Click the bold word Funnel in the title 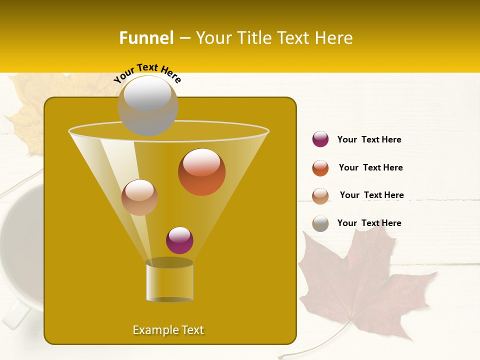(x=146, y=38)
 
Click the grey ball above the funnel (x=147, y=105)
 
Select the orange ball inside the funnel (x=201, y=172)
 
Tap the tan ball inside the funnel (x=139, y=197)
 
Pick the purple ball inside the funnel (x=179, y=240)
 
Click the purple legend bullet (x=320, y=139)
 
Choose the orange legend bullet (x=320, y=168)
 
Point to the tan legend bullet (x=320, y=196)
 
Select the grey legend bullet (x=320, y=223)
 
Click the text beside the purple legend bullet (x=369, y=139)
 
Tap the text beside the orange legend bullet (x=370, y=167)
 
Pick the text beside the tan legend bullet (x=371, y=195)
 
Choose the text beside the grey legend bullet (x=369, y=223)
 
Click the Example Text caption (x=168, y=330)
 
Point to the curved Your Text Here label (x=147, y=73)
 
